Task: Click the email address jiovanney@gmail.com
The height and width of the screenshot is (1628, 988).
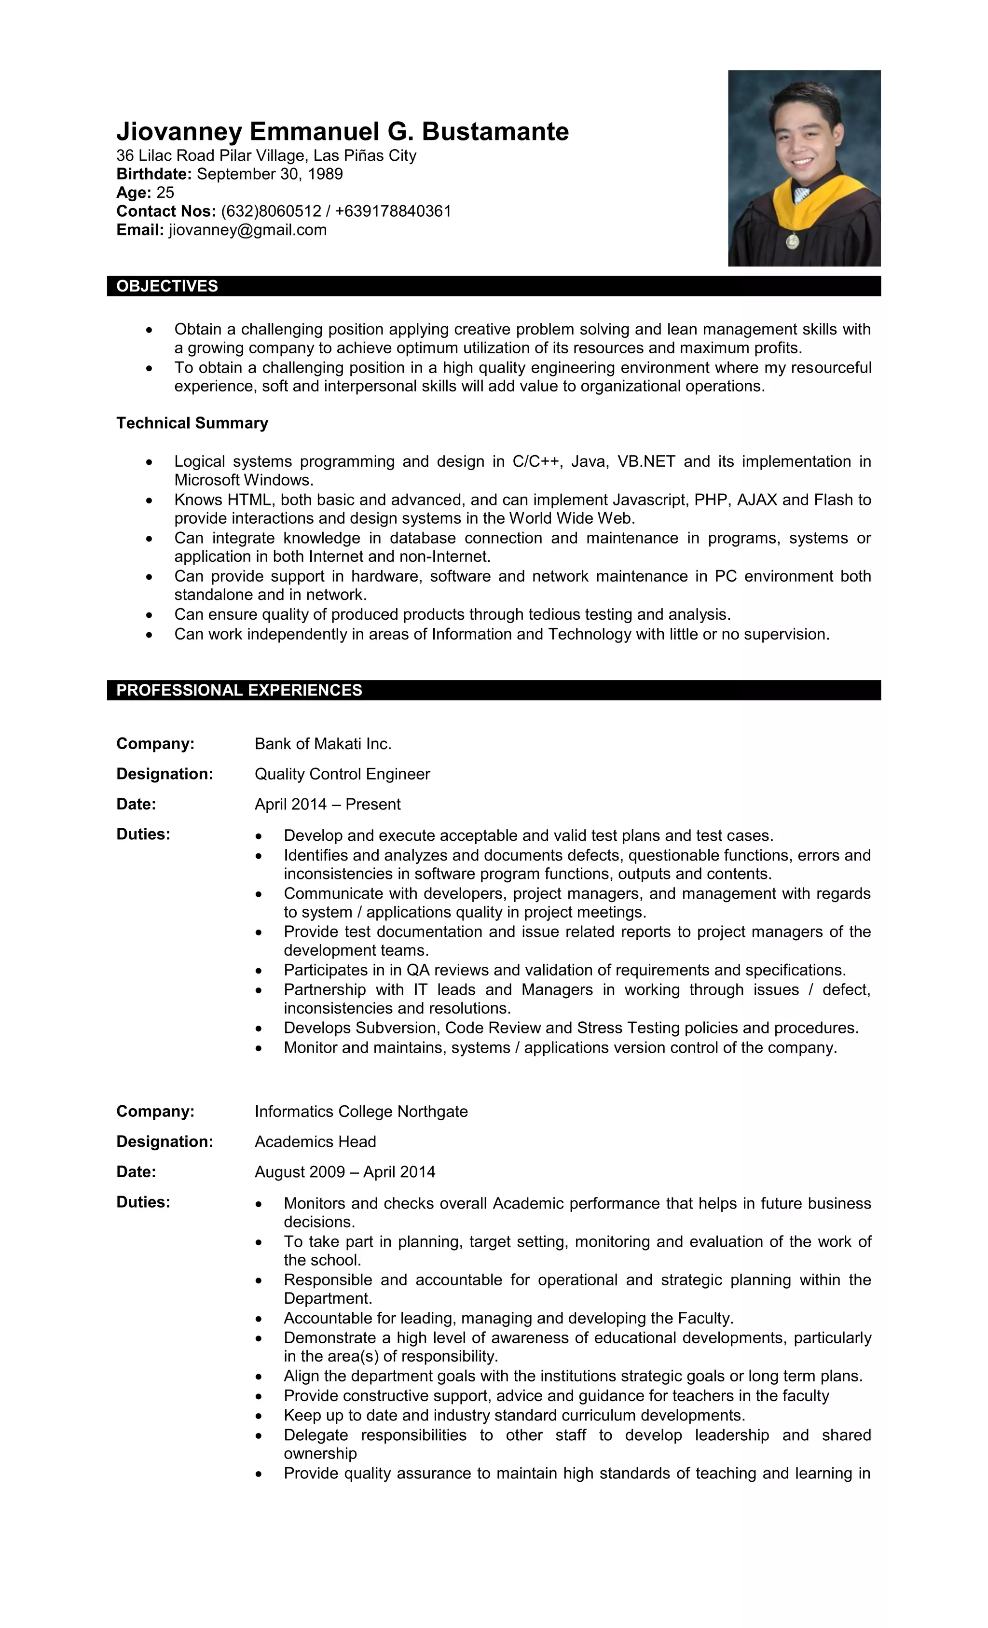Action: pyautogui.click(x=247, y=230)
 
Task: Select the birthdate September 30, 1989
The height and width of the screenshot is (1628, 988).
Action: pyautogui.click(x=270, y=174)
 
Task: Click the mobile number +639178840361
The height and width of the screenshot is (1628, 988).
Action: pyautogui.click(x=393, y=211)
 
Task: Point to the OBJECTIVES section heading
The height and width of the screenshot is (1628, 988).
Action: pyautogui.click(x=167, y=286)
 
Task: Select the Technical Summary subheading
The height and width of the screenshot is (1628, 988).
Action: pyautogui.click(x=192, y=423)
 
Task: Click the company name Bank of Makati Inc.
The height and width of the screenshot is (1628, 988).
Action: pyautogui.click(x=323, y=744)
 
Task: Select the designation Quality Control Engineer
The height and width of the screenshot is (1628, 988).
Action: pyautogui.click(x=342, y=774)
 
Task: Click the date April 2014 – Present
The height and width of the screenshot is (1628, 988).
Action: pyautogui.click(x=328, y=804)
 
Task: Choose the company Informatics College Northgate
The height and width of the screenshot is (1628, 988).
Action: pyautogui.click(x=361, y=1112)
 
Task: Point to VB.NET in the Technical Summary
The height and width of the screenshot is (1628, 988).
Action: pyautogui.click(x=646, y=461)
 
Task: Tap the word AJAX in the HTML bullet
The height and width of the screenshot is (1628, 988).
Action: pyautogui.click(x=757, y=500)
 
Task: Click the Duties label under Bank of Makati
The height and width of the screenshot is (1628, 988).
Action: pyautogui.click(x=143, y=835)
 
